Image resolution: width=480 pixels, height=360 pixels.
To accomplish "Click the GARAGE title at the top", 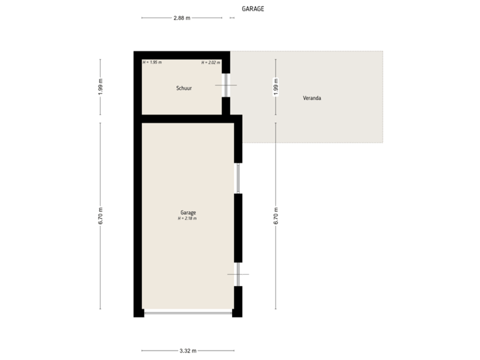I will (x=253, y=9).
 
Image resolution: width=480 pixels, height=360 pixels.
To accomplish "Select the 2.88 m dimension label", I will (x=181, y=18).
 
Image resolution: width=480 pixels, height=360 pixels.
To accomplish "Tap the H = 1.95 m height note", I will (x=153, y=63).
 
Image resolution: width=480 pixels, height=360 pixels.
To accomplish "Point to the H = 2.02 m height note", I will (x=210, y=63).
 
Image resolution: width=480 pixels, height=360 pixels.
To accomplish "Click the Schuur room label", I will (x=184, y=88).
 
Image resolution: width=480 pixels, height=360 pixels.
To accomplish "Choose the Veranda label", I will (x=312, y=98).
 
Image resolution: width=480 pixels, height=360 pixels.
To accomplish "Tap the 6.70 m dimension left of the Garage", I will (x=100, y=215).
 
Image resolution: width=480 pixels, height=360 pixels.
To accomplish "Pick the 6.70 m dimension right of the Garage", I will (x=275, y=215).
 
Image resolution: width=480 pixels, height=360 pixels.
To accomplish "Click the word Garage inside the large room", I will (x=187, y=212).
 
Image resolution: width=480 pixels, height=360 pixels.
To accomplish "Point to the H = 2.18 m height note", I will (x=187, y=218).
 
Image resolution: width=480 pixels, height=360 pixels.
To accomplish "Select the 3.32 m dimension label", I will (x=187, y=351).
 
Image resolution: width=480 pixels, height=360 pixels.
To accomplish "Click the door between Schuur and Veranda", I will (x=226, y=85).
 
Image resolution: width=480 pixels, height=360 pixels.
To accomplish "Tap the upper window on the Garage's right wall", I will (x=237, y=178).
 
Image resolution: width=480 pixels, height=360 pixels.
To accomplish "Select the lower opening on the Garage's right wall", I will (x=237, y=274).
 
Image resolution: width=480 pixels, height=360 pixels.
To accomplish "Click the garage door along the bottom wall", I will (x=188, y=313).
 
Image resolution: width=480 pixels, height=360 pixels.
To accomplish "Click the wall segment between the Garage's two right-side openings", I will (x=237, y=227).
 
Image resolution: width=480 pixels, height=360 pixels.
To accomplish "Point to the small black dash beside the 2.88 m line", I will (x=231, y=18).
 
